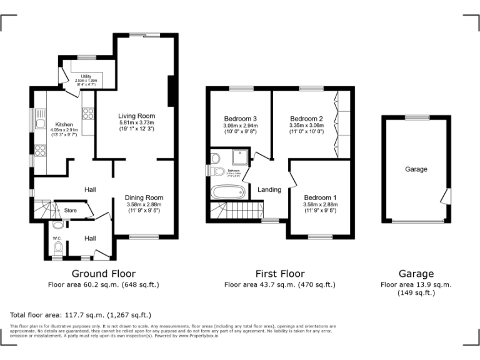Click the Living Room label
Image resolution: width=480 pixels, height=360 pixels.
136,116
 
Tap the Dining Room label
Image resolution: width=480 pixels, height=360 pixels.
144,197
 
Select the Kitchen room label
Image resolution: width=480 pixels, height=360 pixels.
64,124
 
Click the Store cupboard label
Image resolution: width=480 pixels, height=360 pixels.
71,211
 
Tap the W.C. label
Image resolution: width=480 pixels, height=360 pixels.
57,238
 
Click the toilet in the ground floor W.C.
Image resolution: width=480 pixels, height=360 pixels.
58,248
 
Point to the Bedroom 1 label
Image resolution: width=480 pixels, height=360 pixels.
319,197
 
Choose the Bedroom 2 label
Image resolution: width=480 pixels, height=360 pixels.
306,119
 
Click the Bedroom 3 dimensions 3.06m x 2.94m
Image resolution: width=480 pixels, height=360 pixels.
240,126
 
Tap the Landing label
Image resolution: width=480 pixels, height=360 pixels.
269,189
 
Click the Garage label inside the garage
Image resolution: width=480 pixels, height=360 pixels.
416,169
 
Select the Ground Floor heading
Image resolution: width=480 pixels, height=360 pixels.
104,274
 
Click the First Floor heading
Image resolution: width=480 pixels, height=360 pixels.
279,274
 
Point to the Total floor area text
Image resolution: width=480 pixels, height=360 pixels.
81,314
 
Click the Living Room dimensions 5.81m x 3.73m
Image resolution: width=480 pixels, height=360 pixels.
136,123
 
